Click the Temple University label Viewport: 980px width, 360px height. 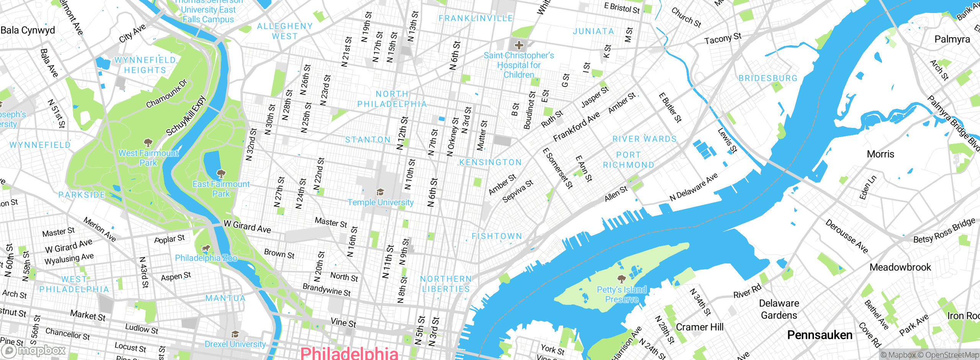[x=380, y=202]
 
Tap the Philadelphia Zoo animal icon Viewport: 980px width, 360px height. [x=206, y=249]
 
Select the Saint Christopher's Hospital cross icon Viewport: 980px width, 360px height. [x=519, y=45]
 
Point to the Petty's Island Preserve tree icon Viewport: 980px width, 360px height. [x=622, y=278]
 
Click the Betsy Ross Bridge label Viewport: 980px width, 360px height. [x=944, y=231]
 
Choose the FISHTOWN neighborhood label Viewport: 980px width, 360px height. [x=497, y=236]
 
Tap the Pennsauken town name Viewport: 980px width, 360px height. [x=820, y=335]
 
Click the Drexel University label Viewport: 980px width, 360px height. [x=235, y=344]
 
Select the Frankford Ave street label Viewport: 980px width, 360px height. [x=576, y=127]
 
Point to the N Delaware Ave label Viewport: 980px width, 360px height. [x=693, y=187]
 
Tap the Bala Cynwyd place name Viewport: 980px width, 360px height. [x=28, y=30]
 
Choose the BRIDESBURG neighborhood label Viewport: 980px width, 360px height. [x=768, y=78]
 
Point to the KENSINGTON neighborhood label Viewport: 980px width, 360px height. [x=490, y=162]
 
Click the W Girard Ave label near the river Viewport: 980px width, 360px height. [x=247, y=226]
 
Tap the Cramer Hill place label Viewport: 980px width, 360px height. [x=699, y=327]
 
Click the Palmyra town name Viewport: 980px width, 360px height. [x=952, y=39]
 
